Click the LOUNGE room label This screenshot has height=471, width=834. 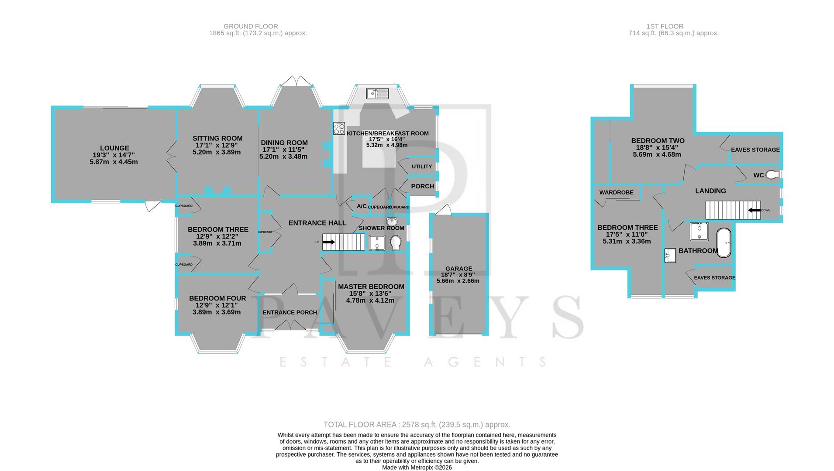pos(114,148)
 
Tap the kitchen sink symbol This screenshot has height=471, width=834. pos(377,93)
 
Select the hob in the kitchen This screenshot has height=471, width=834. pos(339,129)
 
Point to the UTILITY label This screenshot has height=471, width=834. pos(421,167)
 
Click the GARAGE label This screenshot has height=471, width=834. pos(458,269)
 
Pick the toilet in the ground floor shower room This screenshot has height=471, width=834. pos(396,242)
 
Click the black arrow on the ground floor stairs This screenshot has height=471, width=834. pos(329,242)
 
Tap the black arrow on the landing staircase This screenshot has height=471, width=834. pos(754,210)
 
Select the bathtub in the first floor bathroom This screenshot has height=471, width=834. pos(724,242)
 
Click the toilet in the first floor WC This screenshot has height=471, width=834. pos(772,175)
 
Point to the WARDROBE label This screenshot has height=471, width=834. pos(616,192)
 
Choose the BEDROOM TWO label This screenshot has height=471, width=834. pos(658,141)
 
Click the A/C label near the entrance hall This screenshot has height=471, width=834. pos(362,206)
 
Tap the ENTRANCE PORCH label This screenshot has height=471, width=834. pos(290,312)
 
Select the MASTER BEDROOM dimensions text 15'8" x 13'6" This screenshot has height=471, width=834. pos(371,294)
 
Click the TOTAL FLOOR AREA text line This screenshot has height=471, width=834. pos(417,425)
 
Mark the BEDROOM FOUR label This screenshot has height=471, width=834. pos(217,298)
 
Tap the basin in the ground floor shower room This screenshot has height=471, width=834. pos(391,221)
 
